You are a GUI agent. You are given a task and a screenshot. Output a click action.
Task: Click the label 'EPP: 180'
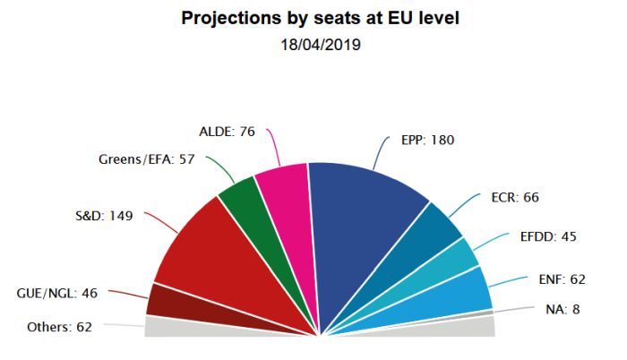(x=427, y=140)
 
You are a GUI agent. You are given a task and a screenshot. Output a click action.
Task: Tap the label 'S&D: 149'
(x=104, y=216)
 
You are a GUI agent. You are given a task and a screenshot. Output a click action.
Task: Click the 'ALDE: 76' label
(x=227, y=132)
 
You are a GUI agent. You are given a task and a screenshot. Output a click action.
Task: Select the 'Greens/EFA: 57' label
(x=146, y=159)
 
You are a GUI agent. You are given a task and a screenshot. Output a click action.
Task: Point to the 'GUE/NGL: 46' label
(x=56, y=293)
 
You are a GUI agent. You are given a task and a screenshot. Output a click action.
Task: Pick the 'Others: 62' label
(x=59, y=327)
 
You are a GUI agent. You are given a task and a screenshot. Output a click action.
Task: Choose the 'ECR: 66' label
(x=515, y=197)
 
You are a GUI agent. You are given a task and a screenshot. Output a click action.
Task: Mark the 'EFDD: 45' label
(x=548, y=236)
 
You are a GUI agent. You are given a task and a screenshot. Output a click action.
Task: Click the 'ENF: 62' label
(x=562, y=279)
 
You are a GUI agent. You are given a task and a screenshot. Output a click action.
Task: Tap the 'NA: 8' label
(x=563, y=309)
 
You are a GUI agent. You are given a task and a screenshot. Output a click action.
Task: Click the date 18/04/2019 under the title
(x=321, y=45)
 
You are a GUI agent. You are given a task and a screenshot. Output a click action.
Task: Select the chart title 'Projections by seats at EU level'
(x=321, y=18)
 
